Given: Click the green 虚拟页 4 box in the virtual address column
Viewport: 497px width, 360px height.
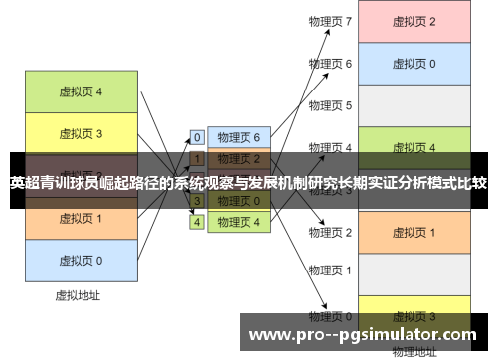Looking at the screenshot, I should [x=81, y=91].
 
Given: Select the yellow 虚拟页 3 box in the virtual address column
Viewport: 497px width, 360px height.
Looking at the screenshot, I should [x=81, y=133].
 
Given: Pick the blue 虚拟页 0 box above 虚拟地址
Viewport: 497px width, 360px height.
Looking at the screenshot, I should [x=81, y=260].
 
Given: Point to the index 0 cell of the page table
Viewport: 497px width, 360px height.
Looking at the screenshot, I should [x=197, y=137].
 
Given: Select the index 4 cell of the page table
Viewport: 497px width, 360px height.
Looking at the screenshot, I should [x=197, y=222].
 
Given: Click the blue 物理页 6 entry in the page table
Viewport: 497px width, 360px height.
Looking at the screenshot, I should [x=239, y=137].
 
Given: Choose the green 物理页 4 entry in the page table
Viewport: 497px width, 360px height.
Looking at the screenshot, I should [x=239, y=222].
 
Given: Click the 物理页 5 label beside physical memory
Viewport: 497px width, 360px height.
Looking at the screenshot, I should [x=331, y=105].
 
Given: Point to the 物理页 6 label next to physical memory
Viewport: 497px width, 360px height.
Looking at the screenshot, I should [x=331, y=64].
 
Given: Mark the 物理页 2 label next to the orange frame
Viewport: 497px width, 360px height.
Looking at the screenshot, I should [x=331, y=232].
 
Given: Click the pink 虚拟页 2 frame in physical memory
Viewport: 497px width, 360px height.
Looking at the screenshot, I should [x=414, y=22].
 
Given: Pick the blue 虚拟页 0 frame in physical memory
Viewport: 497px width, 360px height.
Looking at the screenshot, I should [x=414, y=64].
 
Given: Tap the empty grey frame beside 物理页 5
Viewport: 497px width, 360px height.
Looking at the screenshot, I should [x=414, y=105].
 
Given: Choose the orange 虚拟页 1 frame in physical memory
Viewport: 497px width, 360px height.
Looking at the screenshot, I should [x=414, y=232].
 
